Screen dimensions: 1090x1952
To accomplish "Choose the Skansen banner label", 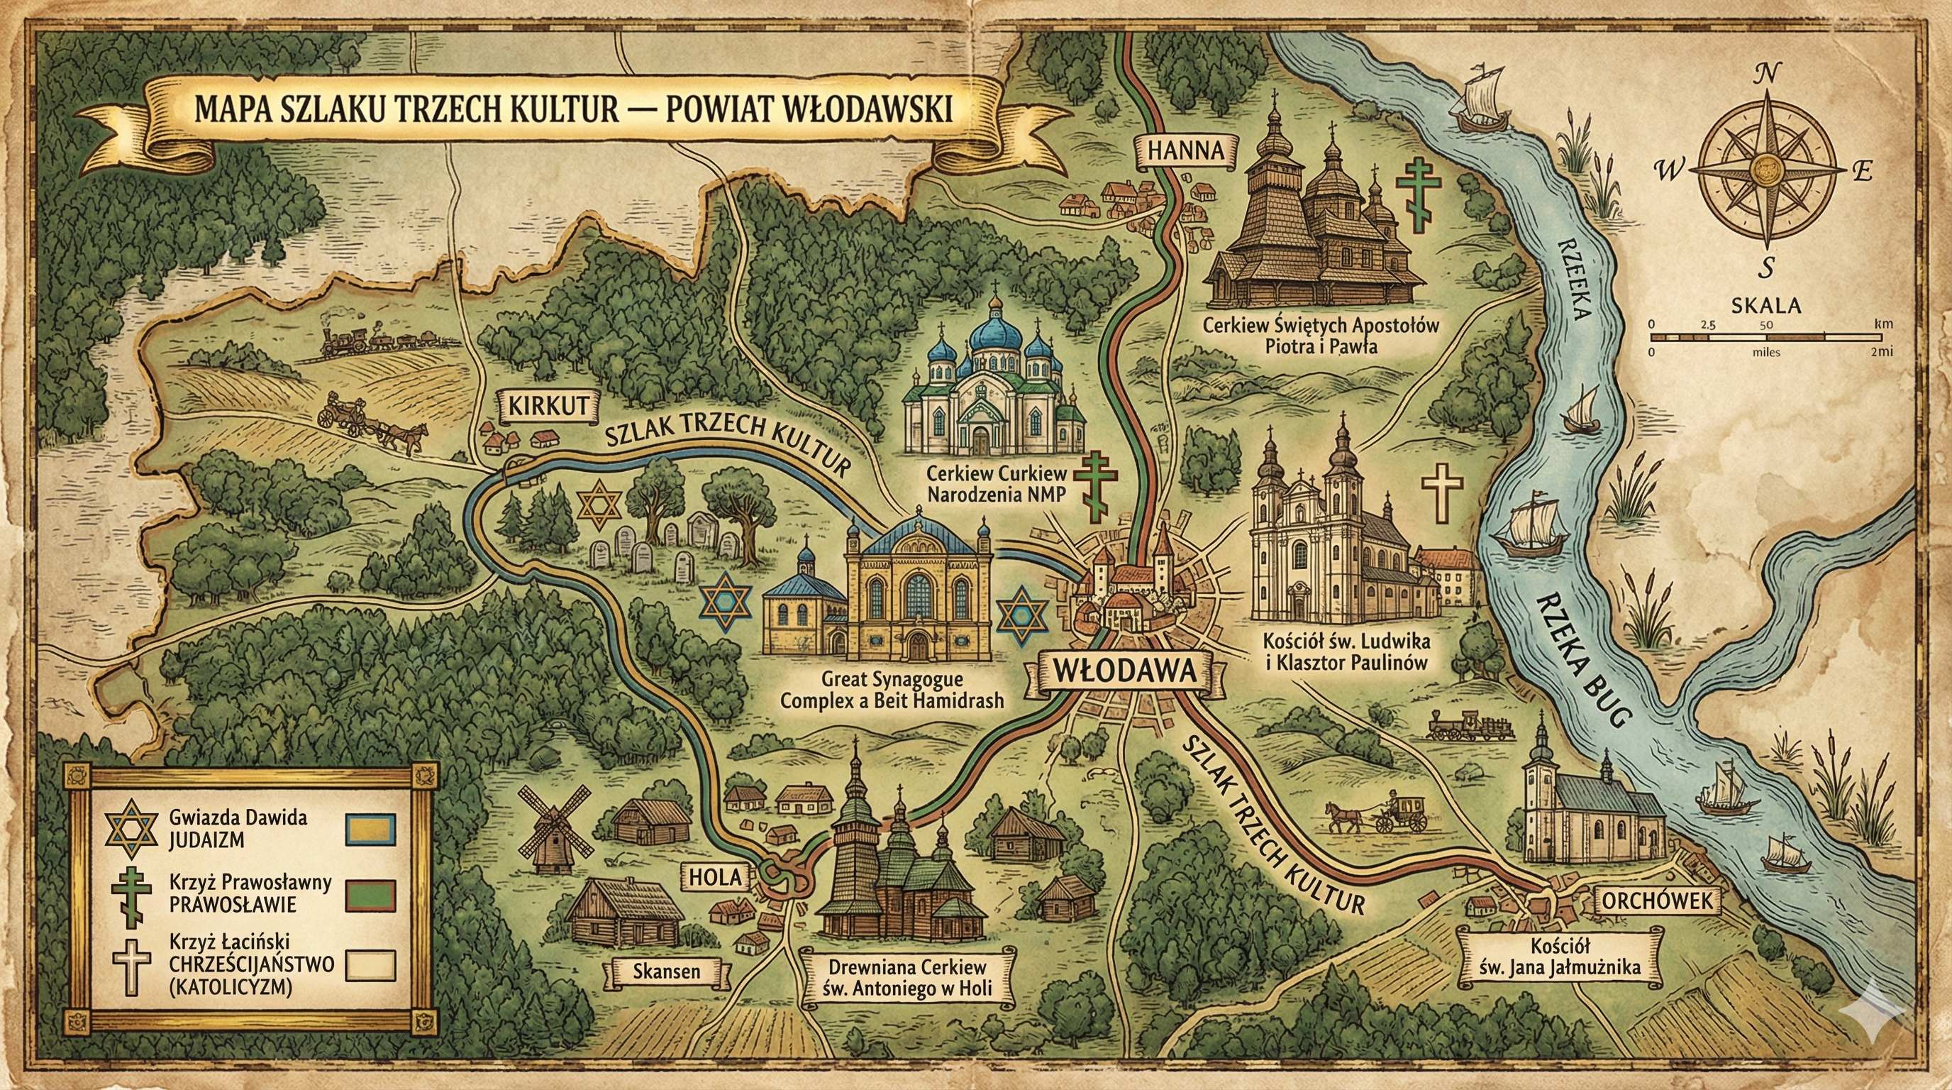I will (666, 971).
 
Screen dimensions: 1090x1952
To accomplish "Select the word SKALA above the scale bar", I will (1765, 307).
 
